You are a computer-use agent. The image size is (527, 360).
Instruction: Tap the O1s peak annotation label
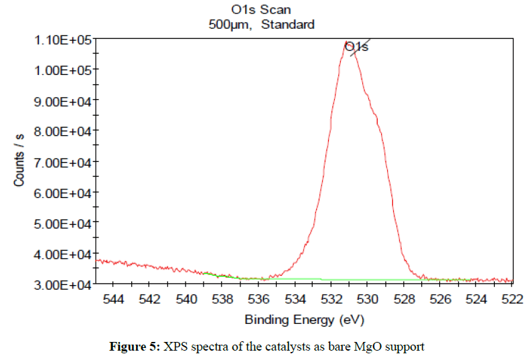(356, 46)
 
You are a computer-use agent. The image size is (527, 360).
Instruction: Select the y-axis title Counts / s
(19, 160)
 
